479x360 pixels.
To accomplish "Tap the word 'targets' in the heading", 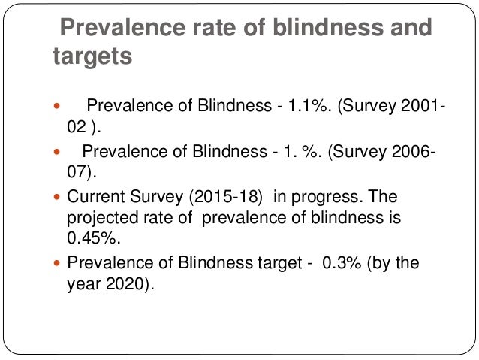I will point(92,57).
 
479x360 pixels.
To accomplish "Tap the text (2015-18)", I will point(230,197).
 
